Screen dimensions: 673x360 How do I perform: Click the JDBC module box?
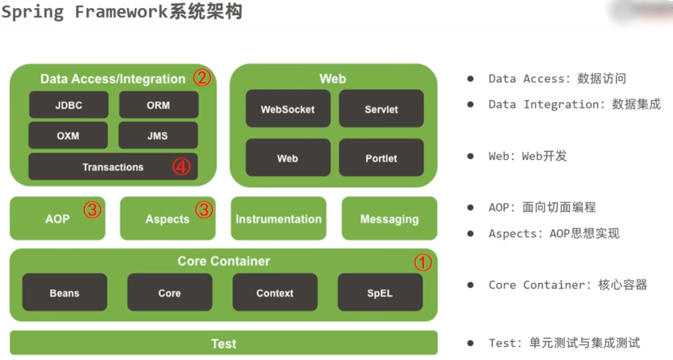point(68,104)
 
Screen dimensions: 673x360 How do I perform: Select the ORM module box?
point(158,104)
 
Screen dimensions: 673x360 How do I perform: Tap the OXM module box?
point(68,135)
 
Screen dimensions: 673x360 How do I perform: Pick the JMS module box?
point(158,135)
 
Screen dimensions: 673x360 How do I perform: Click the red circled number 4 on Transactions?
point(181,166)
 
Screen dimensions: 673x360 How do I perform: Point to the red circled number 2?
point(202,78)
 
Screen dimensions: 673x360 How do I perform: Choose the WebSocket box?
point(288,108)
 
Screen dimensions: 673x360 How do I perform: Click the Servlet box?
point(381,108)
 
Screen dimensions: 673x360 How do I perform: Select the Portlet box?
point(381,158)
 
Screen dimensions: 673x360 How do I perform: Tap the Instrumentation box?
point(279,218)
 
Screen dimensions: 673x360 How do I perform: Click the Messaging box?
point(389,218)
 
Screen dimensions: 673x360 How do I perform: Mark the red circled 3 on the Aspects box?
point(204,210)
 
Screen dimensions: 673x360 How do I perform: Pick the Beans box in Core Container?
point(65,292)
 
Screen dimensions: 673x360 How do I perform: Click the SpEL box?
point(380,292)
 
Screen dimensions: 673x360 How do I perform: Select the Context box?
point(275,292)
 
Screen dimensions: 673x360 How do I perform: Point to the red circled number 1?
point(423,262)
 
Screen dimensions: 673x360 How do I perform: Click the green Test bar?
point(223,343)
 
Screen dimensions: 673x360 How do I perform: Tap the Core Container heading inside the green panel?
point(223,261)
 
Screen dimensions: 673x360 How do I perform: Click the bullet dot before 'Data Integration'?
point(471,104)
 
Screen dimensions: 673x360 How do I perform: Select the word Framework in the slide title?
point(121,12)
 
